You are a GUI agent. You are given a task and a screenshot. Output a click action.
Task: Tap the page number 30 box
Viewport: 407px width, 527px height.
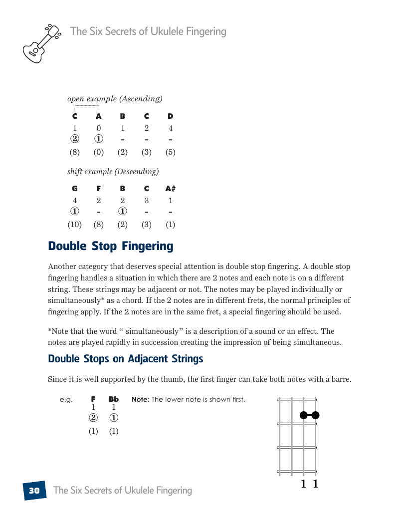34,491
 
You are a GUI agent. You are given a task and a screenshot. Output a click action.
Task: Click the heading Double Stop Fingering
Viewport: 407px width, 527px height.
111,246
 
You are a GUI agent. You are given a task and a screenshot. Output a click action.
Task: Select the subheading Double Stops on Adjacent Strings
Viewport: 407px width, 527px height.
126,359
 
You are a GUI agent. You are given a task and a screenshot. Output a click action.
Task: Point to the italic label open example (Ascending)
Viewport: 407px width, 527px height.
115,99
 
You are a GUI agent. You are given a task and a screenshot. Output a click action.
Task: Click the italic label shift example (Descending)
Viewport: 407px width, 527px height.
113,172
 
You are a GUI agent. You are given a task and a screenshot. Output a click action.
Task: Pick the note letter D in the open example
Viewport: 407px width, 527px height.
171,116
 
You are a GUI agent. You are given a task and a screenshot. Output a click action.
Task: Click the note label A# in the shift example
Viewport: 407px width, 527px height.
171,189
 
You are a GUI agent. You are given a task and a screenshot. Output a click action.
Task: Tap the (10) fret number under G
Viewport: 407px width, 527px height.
75,225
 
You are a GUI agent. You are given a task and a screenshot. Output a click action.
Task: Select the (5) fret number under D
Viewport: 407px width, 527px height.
171,152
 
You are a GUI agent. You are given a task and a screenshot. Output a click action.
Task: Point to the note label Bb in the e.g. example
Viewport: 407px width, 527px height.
114,399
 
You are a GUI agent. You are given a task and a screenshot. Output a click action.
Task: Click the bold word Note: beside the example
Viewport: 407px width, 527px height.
140,399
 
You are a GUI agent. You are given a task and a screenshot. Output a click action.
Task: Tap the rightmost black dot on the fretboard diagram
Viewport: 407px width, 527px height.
315,415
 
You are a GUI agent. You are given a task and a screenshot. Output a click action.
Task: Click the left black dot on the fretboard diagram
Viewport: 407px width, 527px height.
303,415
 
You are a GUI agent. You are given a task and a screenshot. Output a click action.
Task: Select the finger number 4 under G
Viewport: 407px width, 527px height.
75,201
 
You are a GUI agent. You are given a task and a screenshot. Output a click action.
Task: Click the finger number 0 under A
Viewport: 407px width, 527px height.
99,128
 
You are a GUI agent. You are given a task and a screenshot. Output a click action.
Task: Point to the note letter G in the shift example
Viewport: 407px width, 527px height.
75,189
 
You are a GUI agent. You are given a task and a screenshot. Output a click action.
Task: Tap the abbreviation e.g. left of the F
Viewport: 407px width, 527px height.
66,399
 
